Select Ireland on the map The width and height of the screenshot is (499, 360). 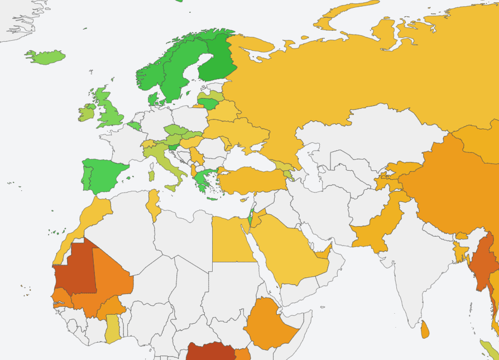(x=86, y=112)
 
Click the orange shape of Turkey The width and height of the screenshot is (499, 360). (x=251, y=180)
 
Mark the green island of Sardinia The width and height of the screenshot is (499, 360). (x=151, y=175)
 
